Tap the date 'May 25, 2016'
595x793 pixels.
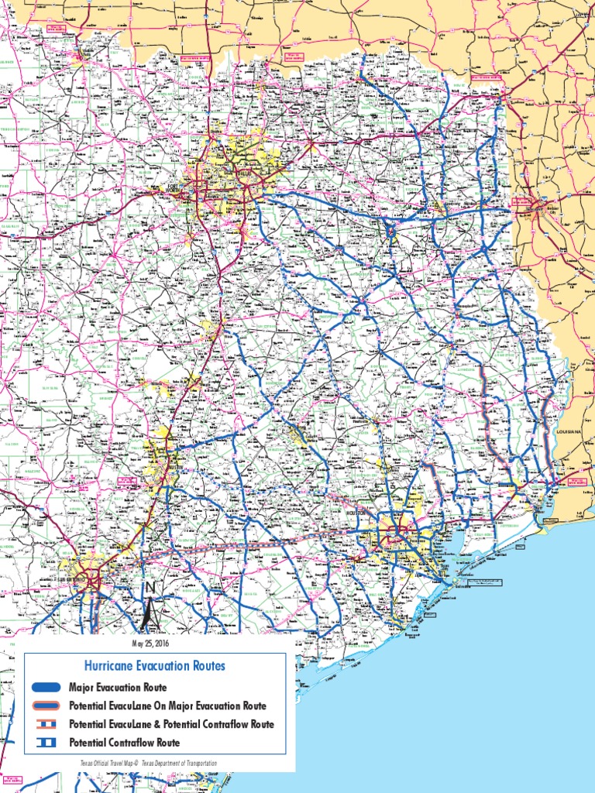pos(150,643)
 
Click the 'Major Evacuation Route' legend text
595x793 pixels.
pos(117,687)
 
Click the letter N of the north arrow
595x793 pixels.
pos(150,589)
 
